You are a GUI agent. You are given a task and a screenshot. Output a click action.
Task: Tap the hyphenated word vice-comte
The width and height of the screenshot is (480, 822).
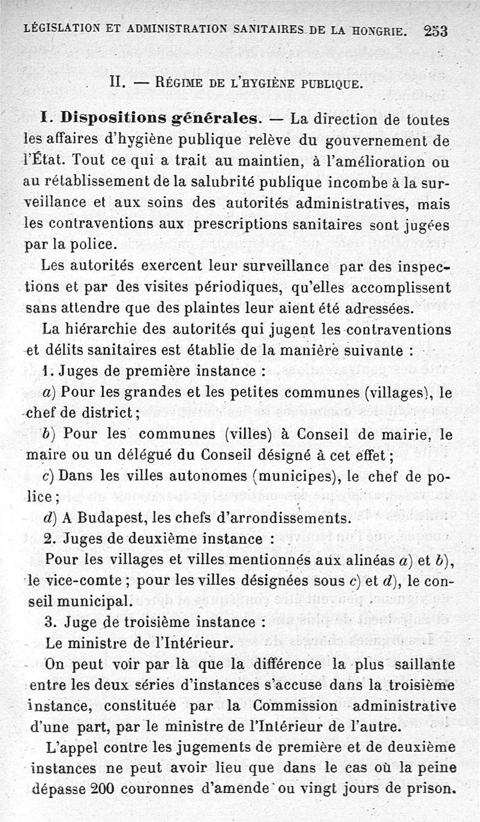coord(79,581)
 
